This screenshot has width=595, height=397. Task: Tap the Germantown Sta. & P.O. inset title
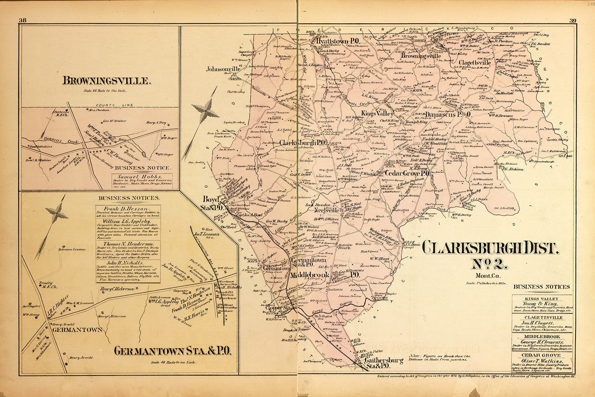point(173,351)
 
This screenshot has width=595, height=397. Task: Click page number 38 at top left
point(23,21)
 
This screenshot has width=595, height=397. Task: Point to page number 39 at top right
point(572,21)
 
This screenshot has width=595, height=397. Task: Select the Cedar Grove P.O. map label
point(407,173)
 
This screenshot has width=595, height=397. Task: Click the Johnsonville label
point(223,69)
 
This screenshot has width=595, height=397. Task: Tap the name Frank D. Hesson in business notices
point(126,208)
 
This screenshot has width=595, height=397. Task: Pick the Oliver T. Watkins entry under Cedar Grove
point(542,362)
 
